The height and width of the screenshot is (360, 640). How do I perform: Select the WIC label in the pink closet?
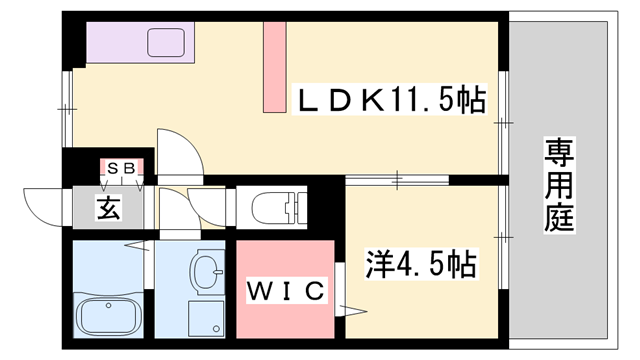(x=285, y=292)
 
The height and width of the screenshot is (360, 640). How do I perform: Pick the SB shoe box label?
(x=124, y=167)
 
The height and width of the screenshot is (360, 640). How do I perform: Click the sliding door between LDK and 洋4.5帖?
(x=400, y=180)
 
